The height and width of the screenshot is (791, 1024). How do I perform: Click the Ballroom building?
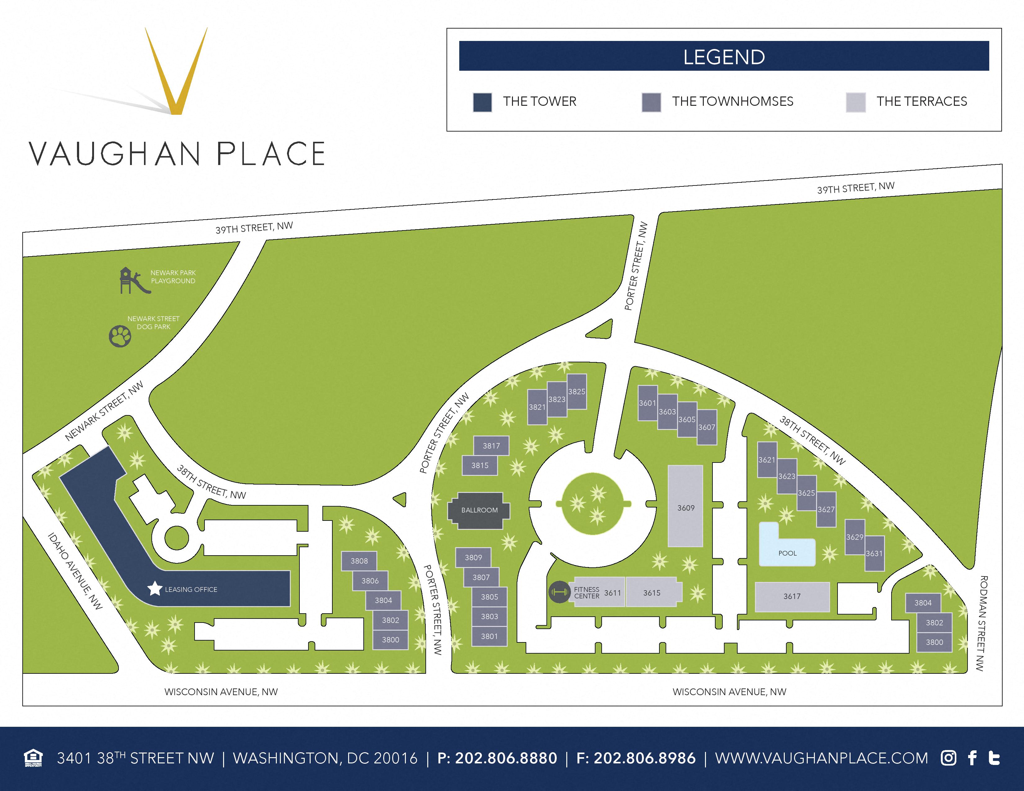[x=479, y=510]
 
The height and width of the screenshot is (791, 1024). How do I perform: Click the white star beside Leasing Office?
[x=155, y=588]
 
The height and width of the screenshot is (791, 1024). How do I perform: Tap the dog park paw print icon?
[x=120, y=336]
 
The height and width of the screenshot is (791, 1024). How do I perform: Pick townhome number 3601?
[x=648, y=403]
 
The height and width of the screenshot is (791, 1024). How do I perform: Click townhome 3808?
[x=359, y=561]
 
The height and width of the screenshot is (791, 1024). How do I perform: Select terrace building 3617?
[x=792, y=597]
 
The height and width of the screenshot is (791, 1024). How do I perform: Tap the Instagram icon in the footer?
[x=948, y=758]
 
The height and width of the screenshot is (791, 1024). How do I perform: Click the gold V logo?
[x=176, y=70]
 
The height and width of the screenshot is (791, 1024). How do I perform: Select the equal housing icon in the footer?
[x=33, y=758]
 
